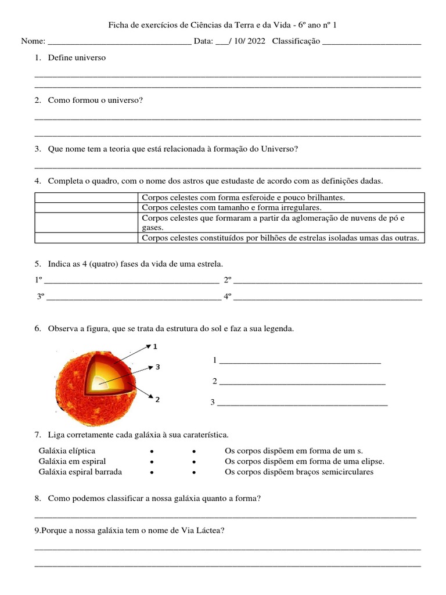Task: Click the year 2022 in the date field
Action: [x=256, y=42]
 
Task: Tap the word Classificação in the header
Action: [x=296, y=42]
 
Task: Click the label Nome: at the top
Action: [x=33, y=42]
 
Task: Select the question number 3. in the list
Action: [x=38, y=149]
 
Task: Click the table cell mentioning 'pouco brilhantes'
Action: [x=243, y=198]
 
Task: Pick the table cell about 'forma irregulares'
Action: [x=231, y=207]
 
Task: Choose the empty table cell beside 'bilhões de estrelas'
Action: [x=87, y=238]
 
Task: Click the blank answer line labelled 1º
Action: [x=131, y=280]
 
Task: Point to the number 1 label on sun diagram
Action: [x=155, y=347]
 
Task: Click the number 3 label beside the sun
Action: [x=157, y=367]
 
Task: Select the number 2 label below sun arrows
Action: [x=157, y=400]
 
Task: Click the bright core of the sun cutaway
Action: [x=100, y=382]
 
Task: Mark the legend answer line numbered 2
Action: [x=302, y=382]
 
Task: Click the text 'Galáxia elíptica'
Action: [x=67, y=451]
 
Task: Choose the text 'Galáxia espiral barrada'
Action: [x=80, y=472]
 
